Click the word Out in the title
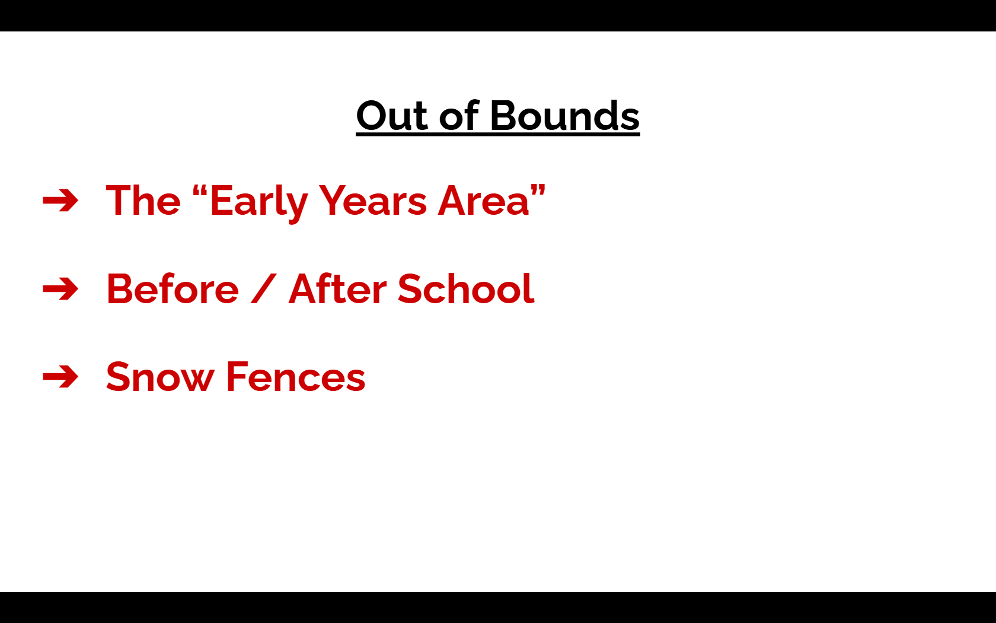point(392,116)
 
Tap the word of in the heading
point(459,115)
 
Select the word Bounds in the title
point(564,115)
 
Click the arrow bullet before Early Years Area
point(60,201)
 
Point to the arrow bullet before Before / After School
point(60,289)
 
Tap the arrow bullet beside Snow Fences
point(60,376)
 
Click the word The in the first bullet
point(143,201)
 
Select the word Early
point(258,203)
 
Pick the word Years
point(372,201)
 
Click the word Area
point(483,201)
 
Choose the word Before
point(173,289)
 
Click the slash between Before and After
point(264,289)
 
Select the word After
point(338,288)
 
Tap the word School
point(466,288)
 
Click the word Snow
point(160,377)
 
